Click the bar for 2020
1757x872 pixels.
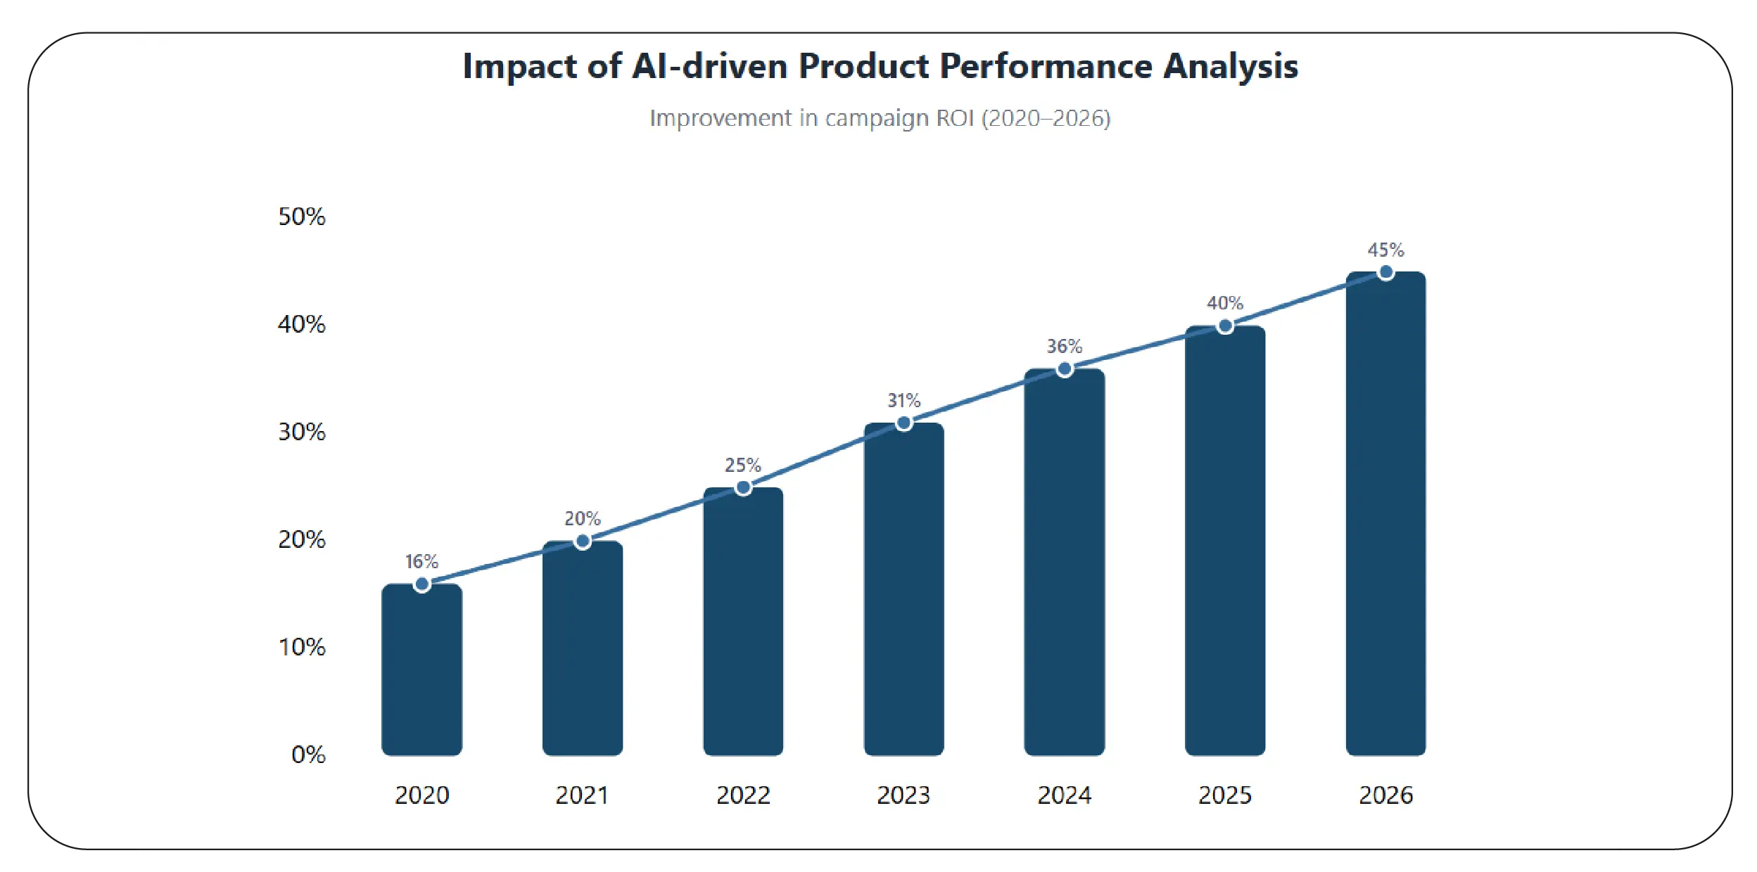421,672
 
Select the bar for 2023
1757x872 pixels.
903,591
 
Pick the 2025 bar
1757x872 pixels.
1224,541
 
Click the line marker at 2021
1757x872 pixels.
582,541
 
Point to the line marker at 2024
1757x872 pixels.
1065,369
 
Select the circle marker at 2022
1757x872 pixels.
743,488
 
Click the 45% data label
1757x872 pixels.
1385,250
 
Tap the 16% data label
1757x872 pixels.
421,561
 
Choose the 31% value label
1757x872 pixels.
903,400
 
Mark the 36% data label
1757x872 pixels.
1064,346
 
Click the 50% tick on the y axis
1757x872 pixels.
302,217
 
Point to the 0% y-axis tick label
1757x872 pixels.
308,755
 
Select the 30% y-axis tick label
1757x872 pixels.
302,432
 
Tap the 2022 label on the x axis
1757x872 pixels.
743,795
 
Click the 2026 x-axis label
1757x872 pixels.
1385,795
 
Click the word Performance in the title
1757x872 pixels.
1046,67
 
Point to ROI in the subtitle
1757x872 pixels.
955,118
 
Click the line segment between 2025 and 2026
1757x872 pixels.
1305,300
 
